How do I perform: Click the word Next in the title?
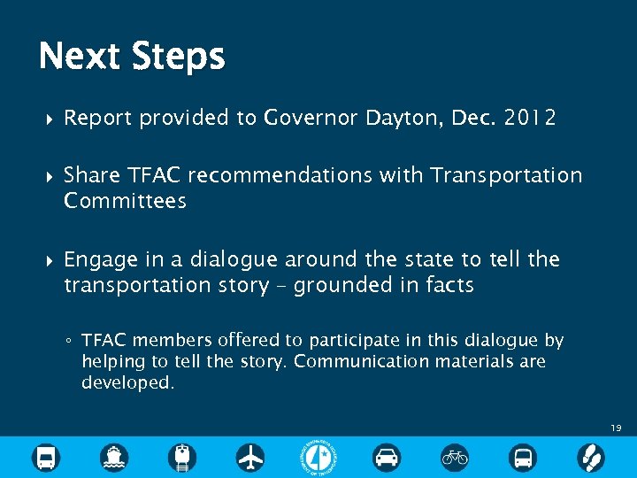[79, 57]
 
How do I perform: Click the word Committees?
[125, 200]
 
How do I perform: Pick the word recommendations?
[280, 175]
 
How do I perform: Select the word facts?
[449, 284]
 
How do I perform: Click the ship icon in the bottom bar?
[114, 457]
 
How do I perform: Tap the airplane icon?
[250, 457]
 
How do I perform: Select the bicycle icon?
[455, 457]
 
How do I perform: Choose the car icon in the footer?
[387, 457]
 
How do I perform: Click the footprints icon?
[590, 457]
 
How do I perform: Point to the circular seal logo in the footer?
[318, 457]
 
